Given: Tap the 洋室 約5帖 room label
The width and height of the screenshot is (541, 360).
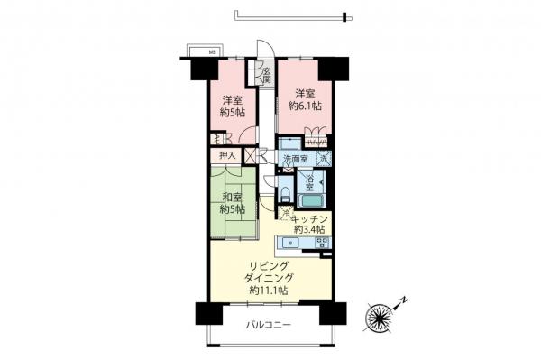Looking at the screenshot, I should click(x=232, y=106).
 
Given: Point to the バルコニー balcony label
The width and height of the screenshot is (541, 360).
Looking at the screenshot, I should click(x=268, y=326).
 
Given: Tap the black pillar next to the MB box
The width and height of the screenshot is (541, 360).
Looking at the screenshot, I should click(x=194, y=66).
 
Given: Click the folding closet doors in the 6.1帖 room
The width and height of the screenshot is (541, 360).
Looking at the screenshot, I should click(x=316, y=138).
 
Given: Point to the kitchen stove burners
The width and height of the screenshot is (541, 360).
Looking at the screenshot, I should click(x=321, y=242).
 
